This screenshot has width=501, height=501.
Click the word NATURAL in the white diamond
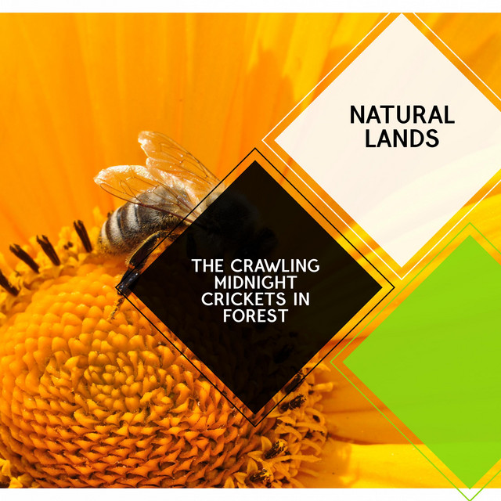coord(402,115)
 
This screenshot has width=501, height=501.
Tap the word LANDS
coord(402,139)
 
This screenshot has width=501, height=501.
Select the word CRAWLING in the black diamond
coord(275,265)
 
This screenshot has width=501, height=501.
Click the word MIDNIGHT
coord(256,282)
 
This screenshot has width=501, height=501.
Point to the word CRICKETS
coord(243,299)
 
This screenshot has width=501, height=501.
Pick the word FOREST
coord(256,315)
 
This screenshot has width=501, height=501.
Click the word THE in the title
coord(207,265)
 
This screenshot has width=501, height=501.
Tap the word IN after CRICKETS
coord(301,299)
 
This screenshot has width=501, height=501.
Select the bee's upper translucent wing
coord(175,157)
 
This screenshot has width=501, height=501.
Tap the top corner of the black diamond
coord(255,160)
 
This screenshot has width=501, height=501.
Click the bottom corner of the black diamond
coord(255,414)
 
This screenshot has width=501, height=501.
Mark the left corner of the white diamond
coord(274,140)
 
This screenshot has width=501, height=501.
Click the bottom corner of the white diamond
coord(402,267)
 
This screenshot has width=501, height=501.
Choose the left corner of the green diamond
coord(343,362)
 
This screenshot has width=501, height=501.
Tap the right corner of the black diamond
coord(382,287)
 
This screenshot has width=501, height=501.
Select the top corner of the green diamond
coord(470,236)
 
